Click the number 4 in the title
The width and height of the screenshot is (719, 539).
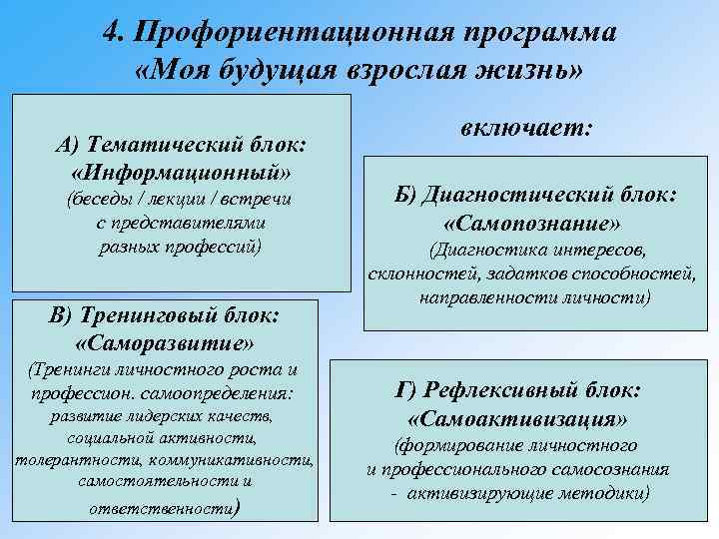click(x=112, y=32)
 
